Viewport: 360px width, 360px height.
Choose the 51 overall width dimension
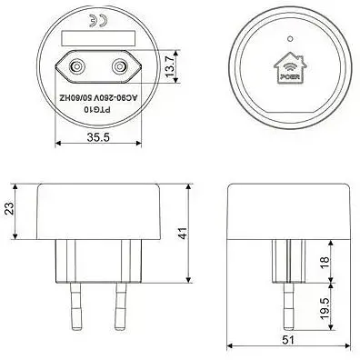coord(286,340)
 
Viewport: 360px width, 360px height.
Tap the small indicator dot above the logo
coord(289,40)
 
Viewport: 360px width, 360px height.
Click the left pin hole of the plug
coord(74,66)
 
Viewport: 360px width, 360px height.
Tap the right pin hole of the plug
coord(118,66)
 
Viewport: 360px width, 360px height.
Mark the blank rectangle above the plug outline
coord(95,39)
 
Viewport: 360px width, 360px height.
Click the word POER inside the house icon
coord(289,75)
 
